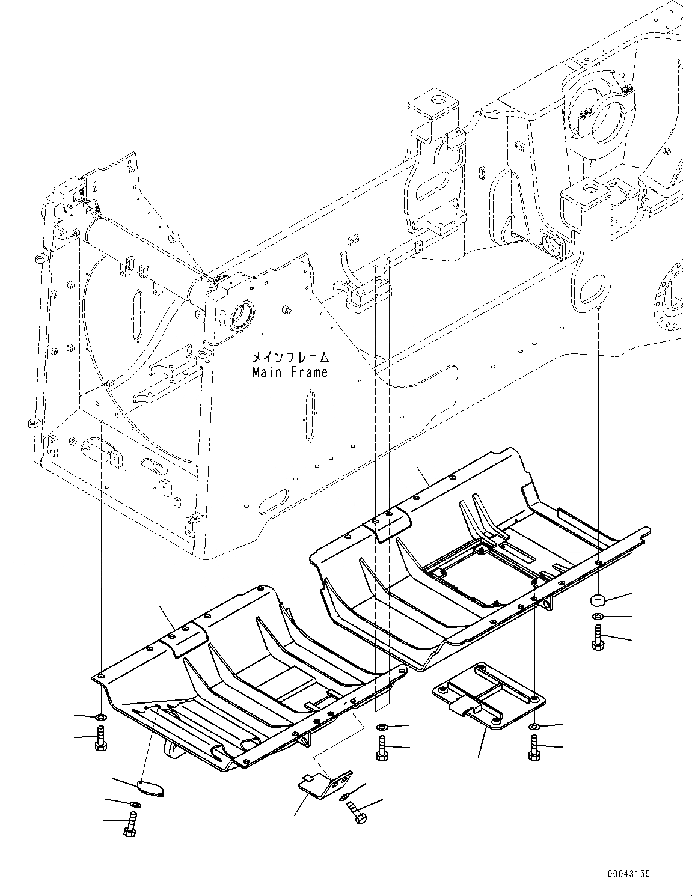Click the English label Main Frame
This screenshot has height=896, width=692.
[x=290, y=373]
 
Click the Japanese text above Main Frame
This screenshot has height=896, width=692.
[x=290, y=357]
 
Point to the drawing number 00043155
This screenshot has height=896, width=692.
[x=628, y=874]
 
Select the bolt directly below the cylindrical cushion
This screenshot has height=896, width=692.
[x=598, y=637]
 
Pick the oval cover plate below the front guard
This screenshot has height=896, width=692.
[x=150, y=788]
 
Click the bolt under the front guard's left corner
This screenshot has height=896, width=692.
[x=100, y=737]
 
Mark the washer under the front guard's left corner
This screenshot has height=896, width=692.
[x=100, y=716]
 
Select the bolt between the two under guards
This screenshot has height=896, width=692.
[x=381, y=749]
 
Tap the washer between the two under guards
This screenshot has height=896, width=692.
[x=381, y=728]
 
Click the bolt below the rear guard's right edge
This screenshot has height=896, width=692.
[x=533, y=748]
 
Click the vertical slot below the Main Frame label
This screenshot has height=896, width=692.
[x=310, y=418]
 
